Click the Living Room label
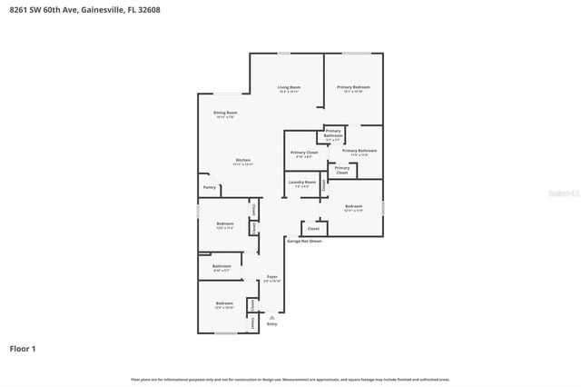(290, 87)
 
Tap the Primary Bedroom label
(354, 87)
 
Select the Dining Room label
(225, 113)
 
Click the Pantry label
(210, 188)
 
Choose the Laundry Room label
(302, 183)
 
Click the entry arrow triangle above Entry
(271, 315)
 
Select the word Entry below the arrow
(271, 323)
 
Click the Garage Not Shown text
(304, 242)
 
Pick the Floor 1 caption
(23, 348)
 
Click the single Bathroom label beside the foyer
(222, 266)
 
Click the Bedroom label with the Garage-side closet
(353, 206)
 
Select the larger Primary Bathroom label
(359, 151)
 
